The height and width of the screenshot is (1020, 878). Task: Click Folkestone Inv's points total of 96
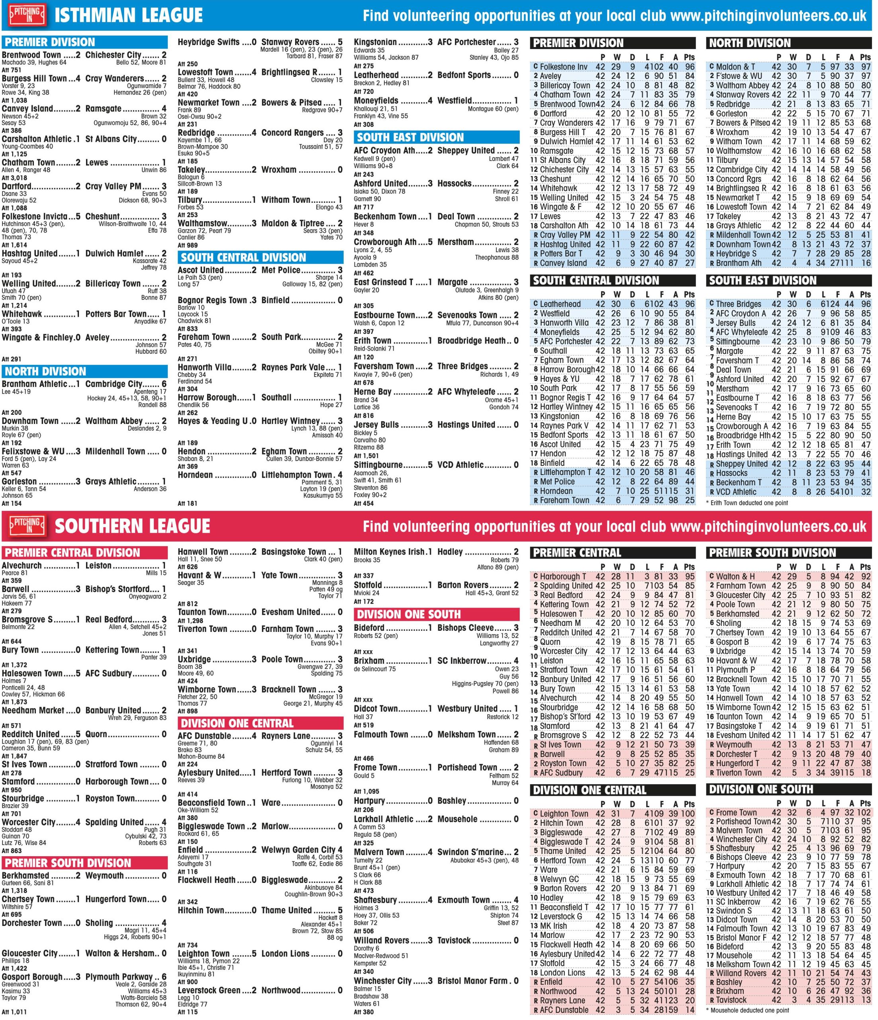(x=690, y=67)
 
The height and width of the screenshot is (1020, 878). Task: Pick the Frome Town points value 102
(x=863, y=813)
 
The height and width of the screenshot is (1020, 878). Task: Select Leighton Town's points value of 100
(x=688, y=814)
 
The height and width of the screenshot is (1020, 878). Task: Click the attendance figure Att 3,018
(x=15, y=178)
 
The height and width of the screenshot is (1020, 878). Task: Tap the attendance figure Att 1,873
(x=15, y=702)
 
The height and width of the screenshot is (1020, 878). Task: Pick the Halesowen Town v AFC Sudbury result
(x=84, y=673)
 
